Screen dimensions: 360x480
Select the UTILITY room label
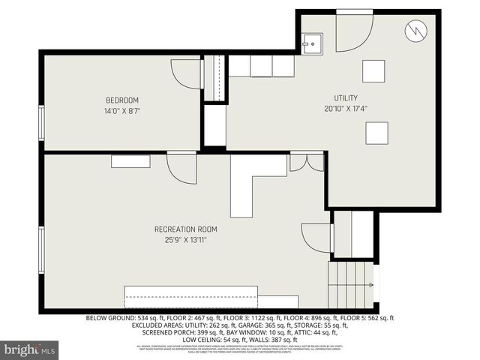[346, 97]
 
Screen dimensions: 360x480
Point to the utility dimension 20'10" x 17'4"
[346, 108]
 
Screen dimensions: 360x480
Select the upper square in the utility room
[373, 70]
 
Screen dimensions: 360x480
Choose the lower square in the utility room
[376, 132]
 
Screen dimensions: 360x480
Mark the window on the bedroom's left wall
[41, 122]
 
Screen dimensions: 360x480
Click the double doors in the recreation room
[307, 163]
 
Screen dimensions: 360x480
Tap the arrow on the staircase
[370, 286]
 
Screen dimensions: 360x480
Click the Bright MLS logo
[30, 349]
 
